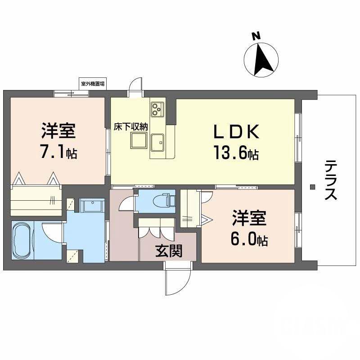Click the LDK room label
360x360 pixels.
pos(235,132)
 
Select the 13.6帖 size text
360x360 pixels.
pos(235,154)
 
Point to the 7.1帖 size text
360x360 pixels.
pos(58,153)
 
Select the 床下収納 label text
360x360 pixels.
pos(130,126)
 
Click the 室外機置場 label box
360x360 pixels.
pos(93,84)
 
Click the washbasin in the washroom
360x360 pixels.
pos(92,205)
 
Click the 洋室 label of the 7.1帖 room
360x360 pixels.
pos(58,131)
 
